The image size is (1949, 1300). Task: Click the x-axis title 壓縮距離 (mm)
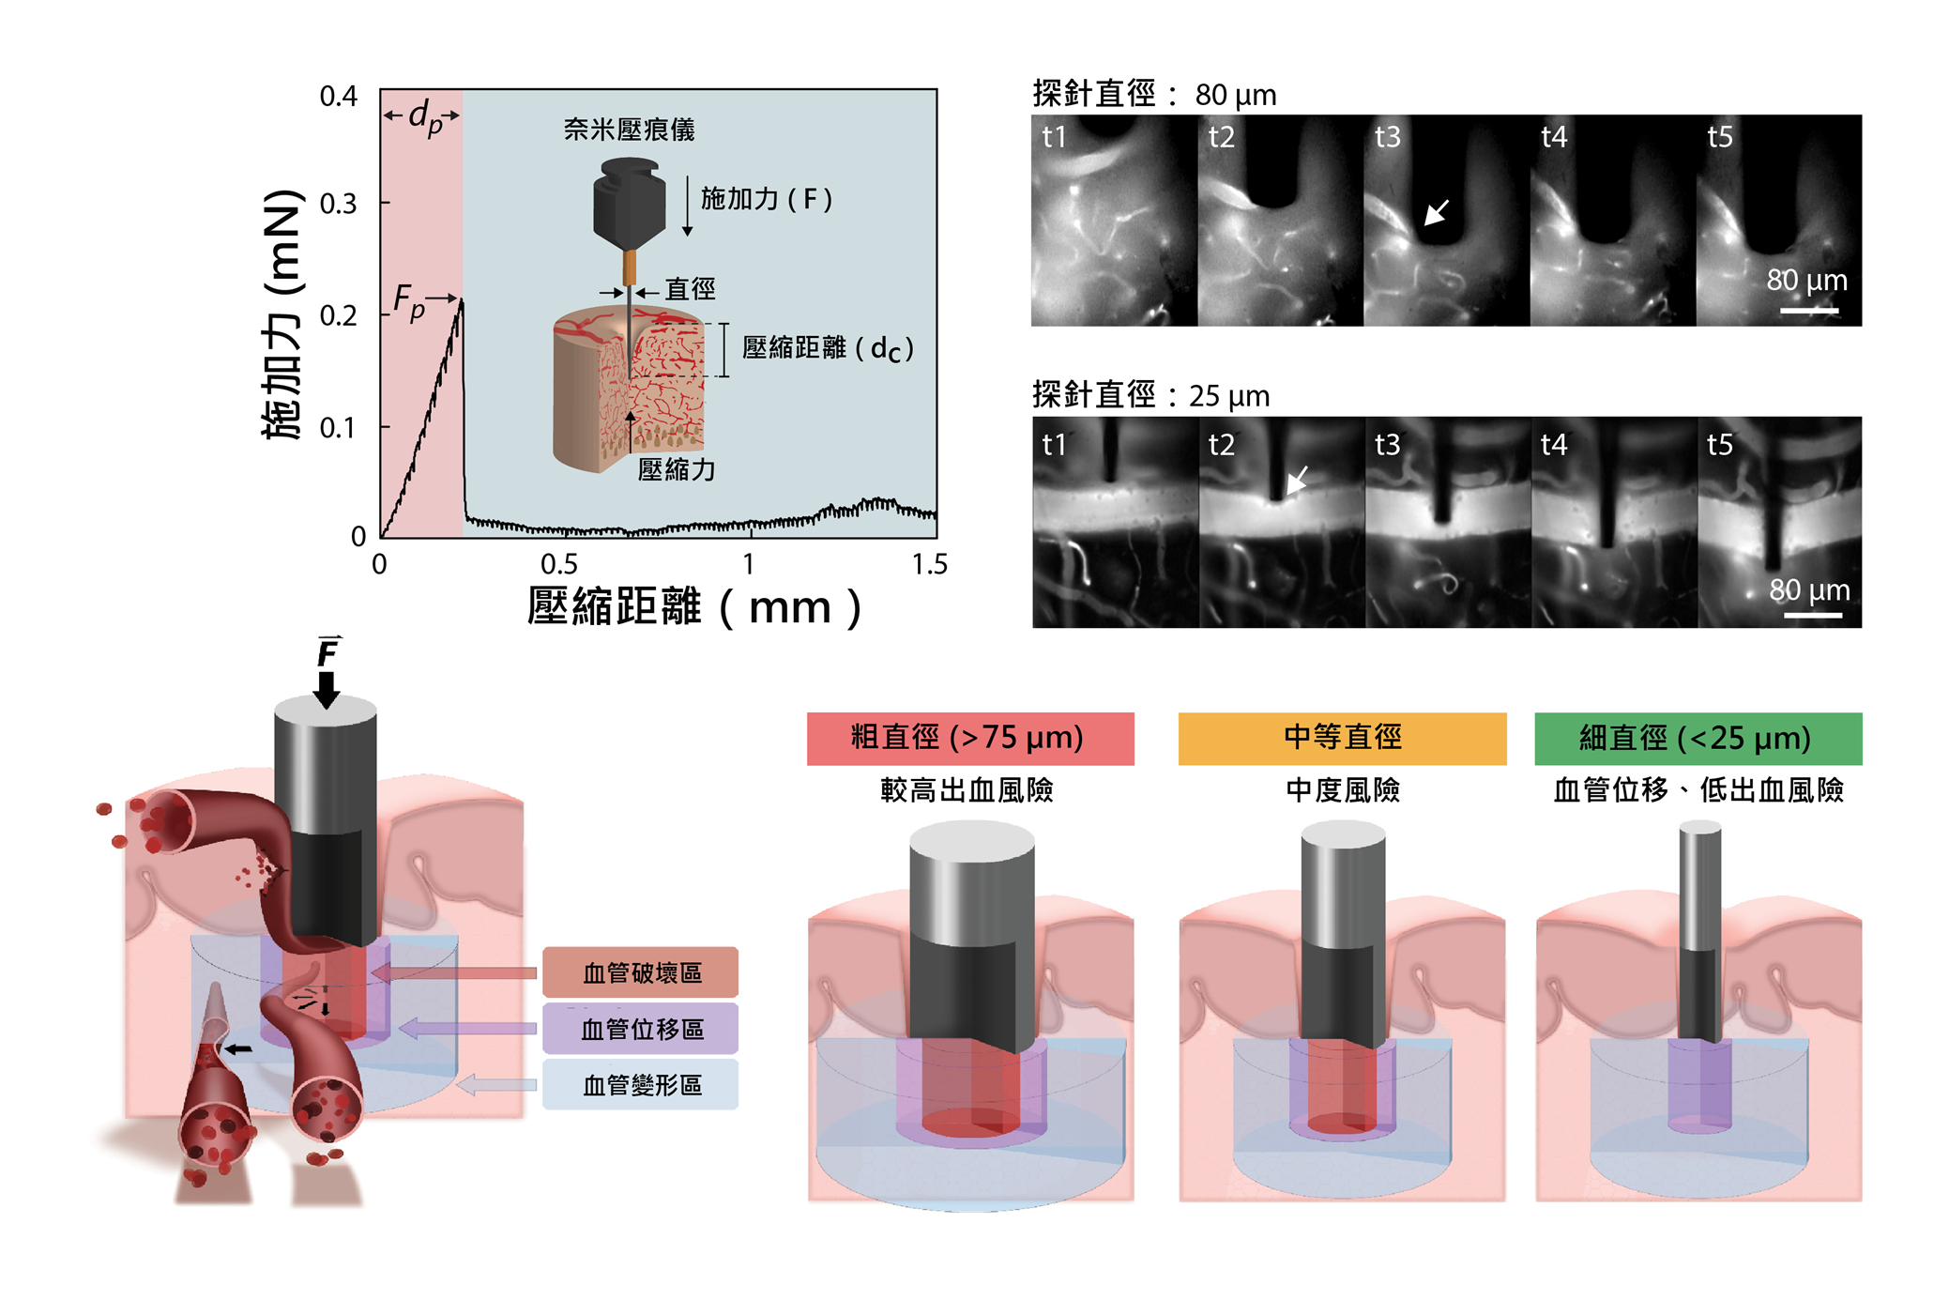tap(694, 607)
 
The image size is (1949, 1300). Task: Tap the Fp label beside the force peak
tap(409, 302)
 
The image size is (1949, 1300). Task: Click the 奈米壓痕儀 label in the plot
tap(629, 130)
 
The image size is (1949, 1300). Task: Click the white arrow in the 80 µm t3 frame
tap(1437, 212)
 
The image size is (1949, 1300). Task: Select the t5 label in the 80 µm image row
tap(1720, 137)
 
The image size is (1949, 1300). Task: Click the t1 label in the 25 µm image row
tap(1054, 444)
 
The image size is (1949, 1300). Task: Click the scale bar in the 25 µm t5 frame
tap(1813, 616)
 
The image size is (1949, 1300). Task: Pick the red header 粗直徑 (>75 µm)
tap(970, 739)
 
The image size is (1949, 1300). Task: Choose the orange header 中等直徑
tap(1342, 739)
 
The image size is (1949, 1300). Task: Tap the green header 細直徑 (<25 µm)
tap(1698, 739)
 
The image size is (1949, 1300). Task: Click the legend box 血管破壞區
tap(641, 972)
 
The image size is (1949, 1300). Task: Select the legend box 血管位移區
tap(641, 1029)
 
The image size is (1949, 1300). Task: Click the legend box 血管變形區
tap(641, 1085)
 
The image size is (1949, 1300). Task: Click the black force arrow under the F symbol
tap(327, 688)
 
